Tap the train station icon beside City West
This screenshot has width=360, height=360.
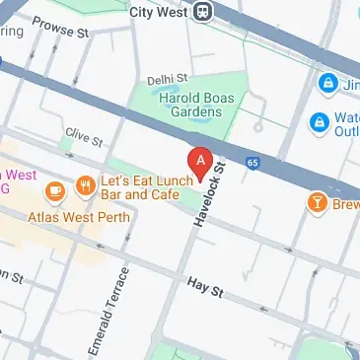click(x=204, y=12)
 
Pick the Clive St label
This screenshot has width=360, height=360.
click(x=84, y=136)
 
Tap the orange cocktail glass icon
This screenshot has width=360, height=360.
click(x=317, y=202)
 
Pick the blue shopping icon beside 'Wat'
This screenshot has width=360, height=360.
click(x=319, y=122)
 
